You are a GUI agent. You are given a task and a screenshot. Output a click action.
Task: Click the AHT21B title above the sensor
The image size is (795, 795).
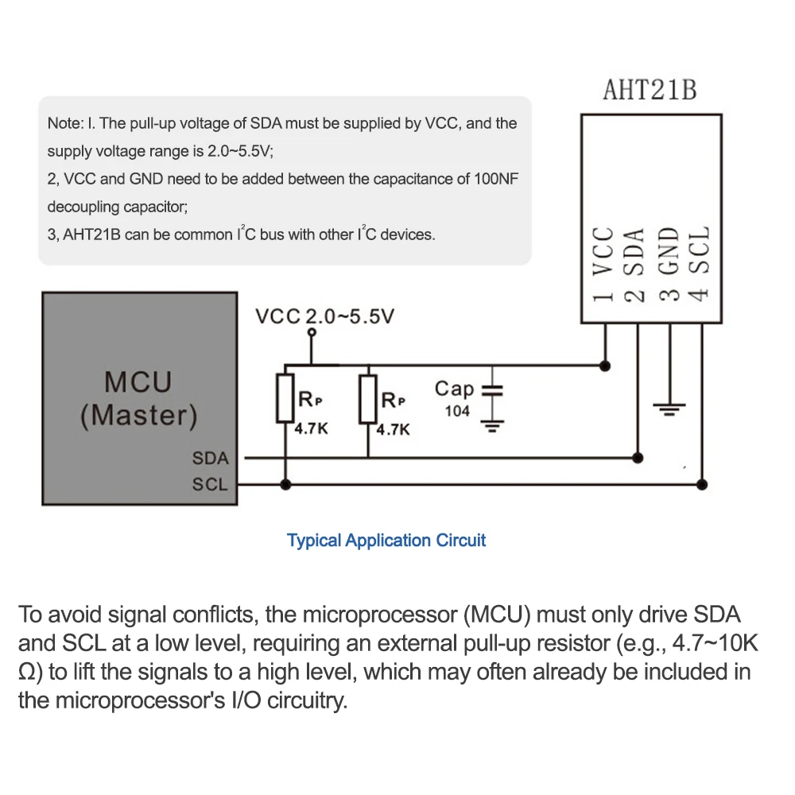650,90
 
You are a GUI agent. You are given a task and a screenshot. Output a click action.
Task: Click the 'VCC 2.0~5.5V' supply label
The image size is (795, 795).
324,317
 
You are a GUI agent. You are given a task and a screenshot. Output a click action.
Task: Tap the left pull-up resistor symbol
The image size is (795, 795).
285,399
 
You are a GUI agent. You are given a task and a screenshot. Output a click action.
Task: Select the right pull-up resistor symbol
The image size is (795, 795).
367,399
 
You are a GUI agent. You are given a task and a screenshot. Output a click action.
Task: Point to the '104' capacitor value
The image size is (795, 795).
457,411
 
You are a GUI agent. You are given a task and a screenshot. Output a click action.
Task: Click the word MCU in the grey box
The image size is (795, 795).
138,382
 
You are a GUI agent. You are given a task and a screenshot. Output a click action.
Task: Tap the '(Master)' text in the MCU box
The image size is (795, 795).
138,416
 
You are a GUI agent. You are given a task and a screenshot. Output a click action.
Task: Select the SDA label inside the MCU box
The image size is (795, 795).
210,459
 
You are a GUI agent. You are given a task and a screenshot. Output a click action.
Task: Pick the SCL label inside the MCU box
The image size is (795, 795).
210,484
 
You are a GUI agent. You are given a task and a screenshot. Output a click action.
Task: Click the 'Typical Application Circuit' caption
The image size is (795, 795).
386,541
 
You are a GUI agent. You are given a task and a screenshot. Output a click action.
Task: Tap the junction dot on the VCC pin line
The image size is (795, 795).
606,366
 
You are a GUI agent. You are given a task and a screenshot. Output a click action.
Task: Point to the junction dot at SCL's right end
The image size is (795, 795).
701,483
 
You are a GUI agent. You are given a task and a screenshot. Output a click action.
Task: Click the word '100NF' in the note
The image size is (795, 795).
497,179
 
